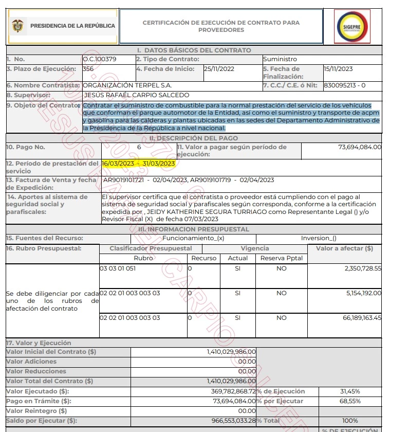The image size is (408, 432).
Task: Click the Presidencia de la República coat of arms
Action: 18,26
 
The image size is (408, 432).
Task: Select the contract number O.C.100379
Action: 100,59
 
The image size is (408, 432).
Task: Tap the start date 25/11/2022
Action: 219,69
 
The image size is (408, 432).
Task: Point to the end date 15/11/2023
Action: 338,69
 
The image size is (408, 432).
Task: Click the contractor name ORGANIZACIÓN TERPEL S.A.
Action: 127,85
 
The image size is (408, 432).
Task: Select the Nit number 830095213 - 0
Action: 345,85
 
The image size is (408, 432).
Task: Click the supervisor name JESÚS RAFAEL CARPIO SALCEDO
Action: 136,95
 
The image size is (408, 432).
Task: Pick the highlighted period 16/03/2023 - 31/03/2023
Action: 139,164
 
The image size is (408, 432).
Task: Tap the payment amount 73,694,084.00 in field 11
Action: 360,147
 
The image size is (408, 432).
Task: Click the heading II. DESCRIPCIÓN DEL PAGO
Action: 193,138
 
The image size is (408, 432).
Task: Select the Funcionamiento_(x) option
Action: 193,238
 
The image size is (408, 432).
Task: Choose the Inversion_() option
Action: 319,238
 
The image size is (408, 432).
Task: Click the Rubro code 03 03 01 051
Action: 118,268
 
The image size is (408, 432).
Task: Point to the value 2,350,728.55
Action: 363,268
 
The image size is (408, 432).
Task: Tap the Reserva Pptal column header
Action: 282,258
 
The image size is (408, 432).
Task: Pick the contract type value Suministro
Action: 280,59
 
